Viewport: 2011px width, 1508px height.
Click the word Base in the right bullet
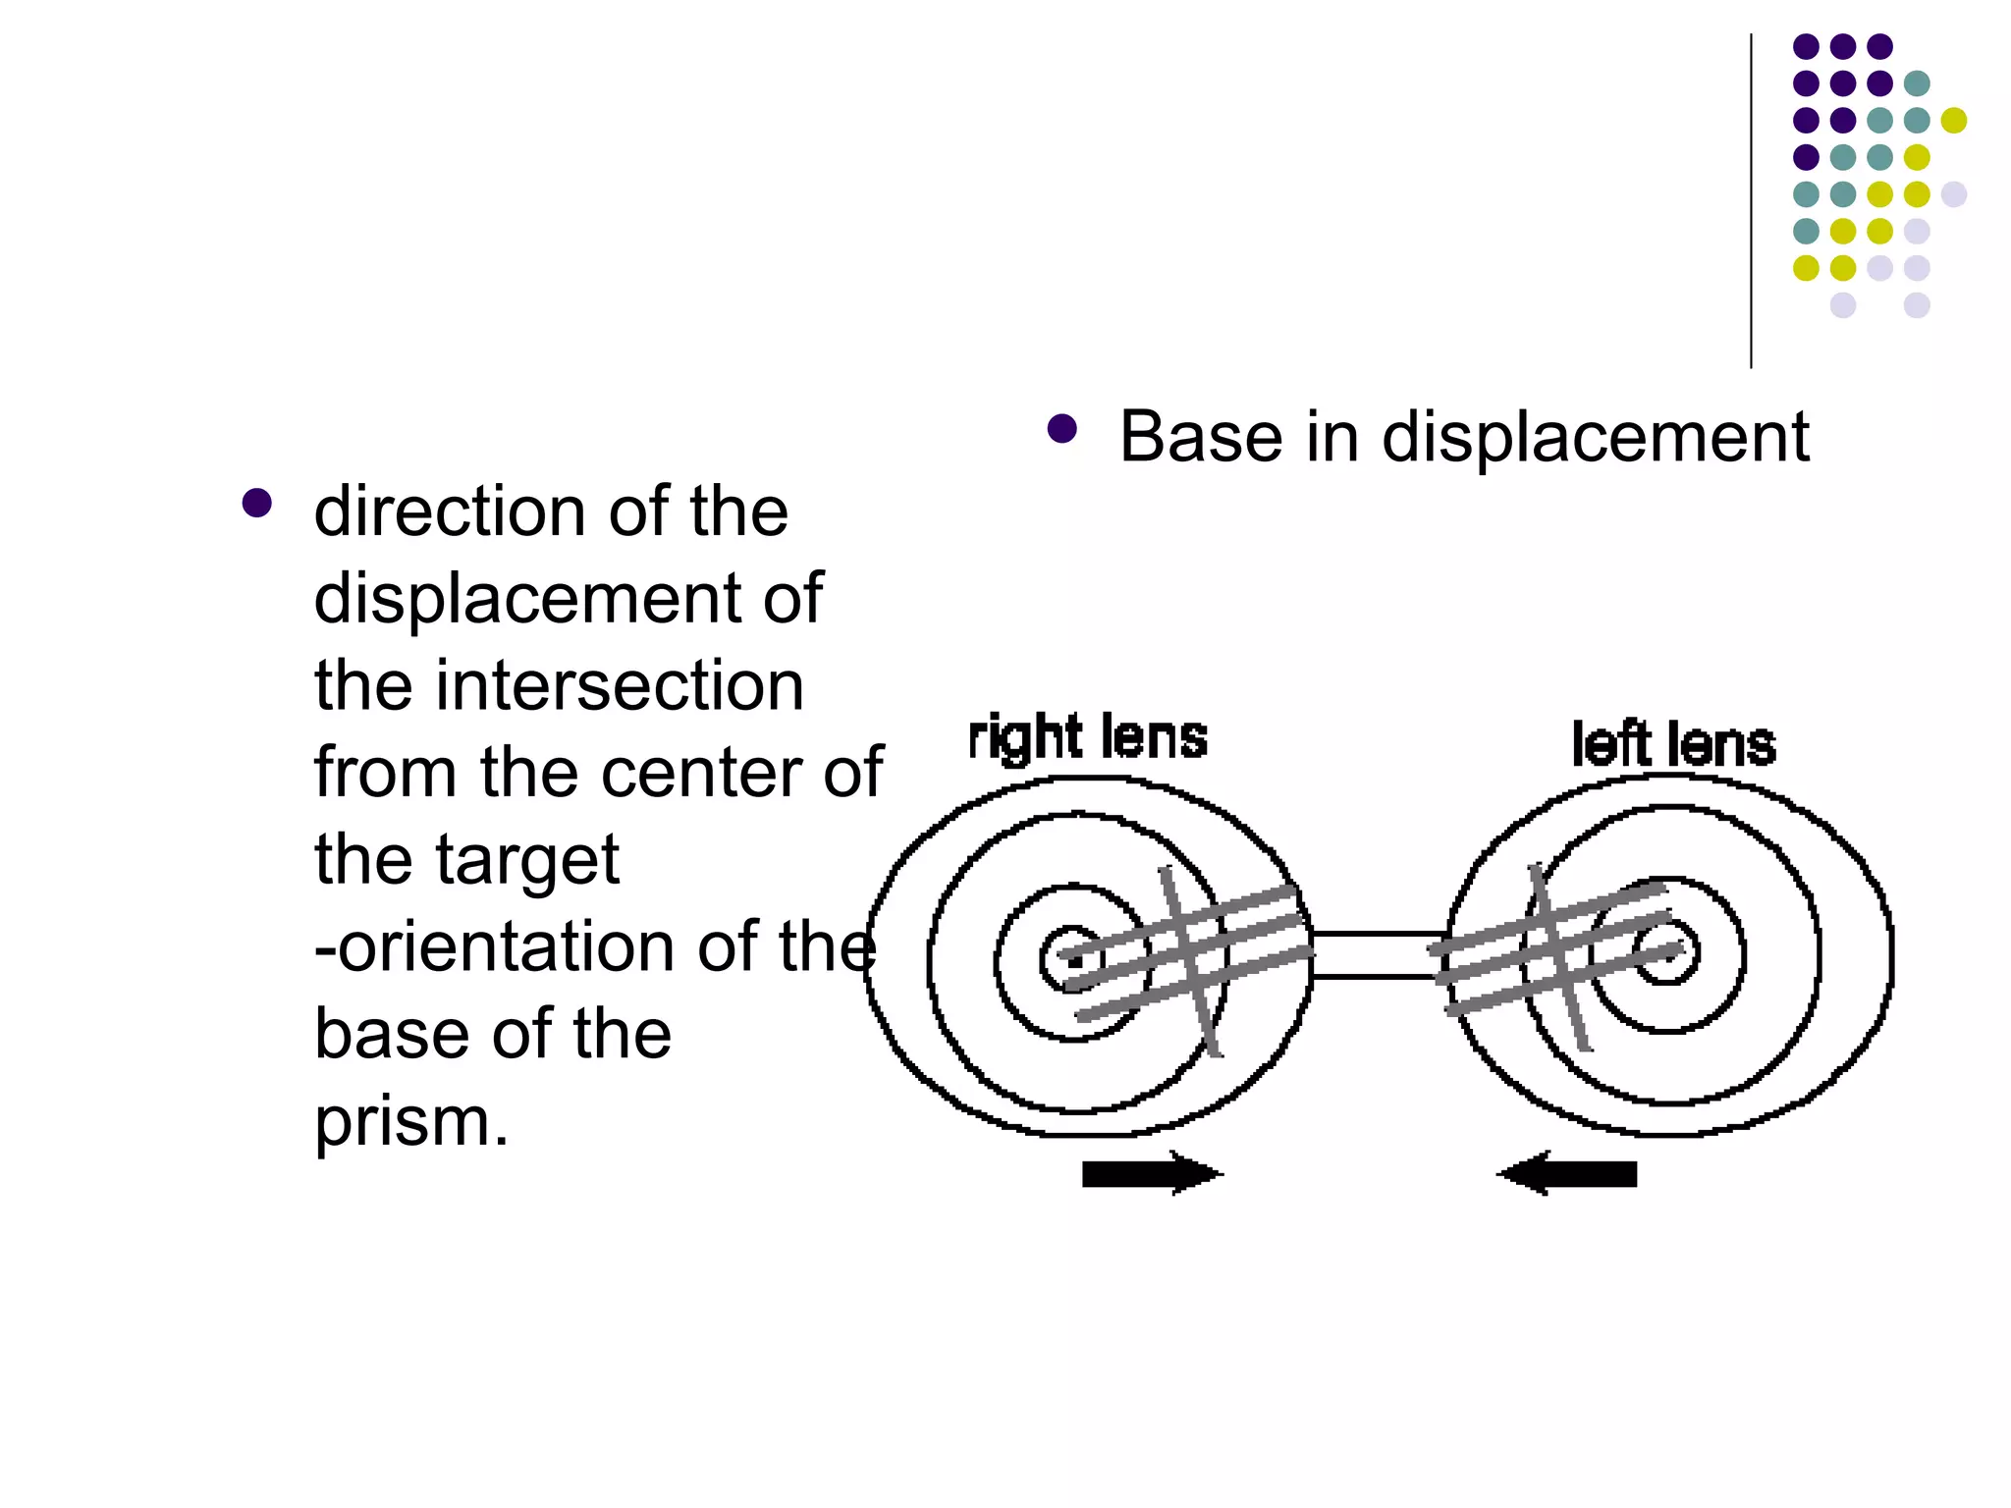coord(1200,437)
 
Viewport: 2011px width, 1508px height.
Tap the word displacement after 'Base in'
coord(1596,437)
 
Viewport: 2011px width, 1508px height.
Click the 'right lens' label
coord(1087,738)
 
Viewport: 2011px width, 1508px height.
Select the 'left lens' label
coord(1673,744)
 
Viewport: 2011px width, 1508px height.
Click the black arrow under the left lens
coord(1568,1173)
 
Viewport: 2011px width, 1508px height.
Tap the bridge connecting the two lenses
coord(1379,954)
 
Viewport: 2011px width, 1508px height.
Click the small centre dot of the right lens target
coord(1074,960)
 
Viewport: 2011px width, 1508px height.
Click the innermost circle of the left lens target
coord(1665,950)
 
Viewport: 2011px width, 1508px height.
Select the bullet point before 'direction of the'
coord(256,504)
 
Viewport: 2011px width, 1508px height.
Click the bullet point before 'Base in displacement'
coord(1061,429)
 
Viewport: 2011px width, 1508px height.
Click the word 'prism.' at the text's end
coord(411,1121)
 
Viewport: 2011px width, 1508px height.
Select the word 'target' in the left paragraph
coord(527,859)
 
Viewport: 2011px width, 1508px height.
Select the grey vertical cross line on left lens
coord(1561,957)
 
